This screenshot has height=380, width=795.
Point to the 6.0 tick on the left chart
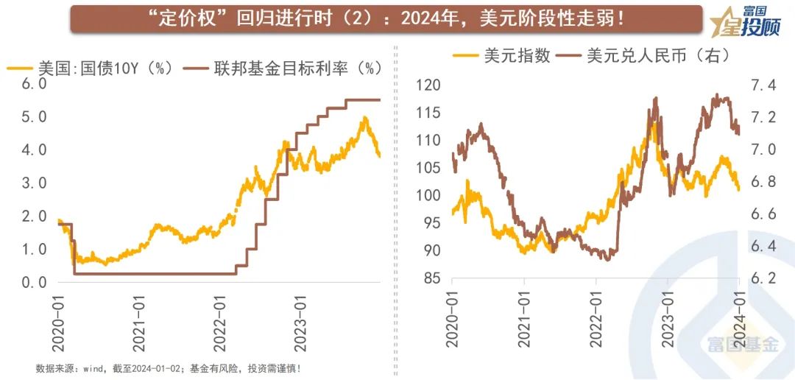[x=34, y=84]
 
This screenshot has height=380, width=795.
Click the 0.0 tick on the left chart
[x=34, y=283]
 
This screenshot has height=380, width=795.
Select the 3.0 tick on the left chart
[x=34, y=183]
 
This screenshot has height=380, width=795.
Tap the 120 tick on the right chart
[x=428, y=85]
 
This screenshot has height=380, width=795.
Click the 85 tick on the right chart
[x=431, y=278]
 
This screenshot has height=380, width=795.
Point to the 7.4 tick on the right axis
[x=764, y=85]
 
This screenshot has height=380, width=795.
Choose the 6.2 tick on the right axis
[x=764, y=278]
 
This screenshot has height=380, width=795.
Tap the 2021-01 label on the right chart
[x=524, y=317]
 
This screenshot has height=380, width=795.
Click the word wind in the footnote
[x=95, y=368]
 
